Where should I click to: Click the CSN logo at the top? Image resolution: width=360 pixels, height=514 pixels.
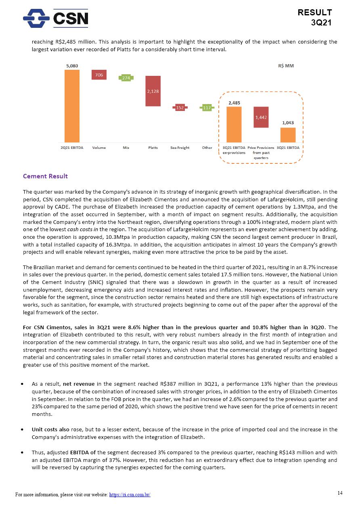[x=55, y=18]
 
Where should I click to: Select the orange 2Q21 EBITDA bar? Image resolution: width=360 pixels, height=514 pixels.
[x=72, y=106]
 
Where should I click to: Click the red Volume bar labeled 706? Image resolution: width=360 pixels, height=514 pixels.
[x=99, y=75]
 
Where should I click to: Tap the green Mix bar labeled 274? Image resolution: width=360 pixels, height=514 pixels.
[x=126, y=77]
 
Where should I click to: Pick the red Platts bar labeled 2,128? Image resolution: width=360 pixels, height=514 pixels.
[x=153, y=91]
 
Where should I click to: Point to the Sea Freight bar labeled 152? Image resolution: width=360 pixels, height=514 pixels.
[x=180, y=108]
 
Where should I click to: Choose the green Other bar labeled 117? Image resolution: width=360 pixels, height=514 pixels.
[x=207, y=108]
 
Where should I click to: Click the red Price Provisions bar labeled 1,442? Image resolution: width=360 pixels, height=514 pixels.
[x=261, y=117]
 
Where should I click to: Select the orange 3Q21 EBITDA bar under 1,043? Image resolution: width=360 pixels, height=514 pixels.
[x=288, y=135]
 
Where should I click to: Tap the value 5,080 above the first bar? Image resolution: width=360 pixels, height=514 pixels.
[x=72, y=66]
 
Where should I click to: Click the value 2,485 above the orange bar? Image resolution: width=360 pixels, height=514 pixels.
[x=234, y=103]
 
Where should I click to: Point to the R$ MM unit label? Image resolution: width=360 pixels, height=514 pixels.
[x=286, y=66]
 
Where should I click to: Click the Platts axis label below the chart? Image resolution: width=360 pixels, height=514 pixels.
[x=153, y=148]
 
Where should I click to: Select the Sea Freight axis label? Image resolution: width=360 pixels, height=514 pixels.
[x=180, y=148]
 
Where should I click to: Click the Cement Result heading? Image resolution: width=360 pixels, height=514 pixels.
[x=45, y=176]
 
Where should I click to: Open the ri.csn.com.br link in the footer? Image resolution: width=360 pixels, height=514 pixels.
[x=130, y=495]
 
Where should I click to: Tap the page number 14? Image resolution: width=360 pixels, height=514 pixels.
[x=340, y=493]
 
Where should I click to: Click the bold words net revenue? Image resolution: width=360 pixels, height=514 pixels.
[x=78, y=384]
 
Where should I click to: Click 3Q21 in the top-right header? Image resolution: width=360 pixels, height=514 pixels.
[x=321, y=23]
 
